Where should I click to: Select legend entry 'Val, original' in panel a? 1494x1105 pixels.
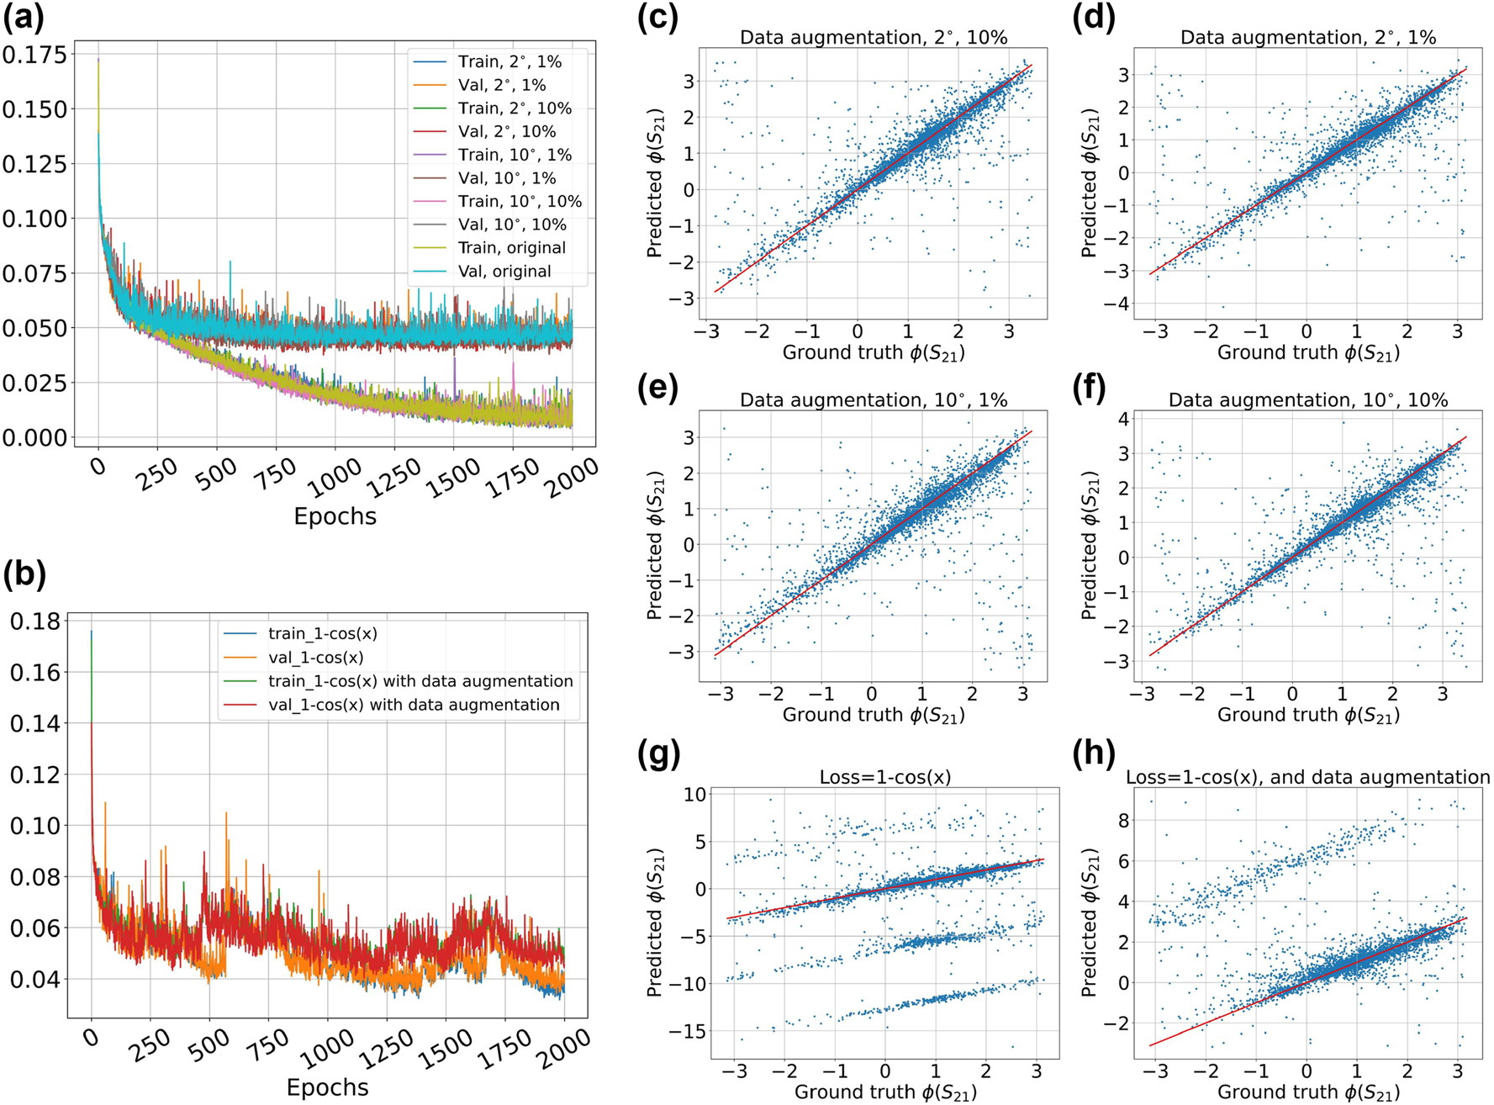click(x=504, y=272)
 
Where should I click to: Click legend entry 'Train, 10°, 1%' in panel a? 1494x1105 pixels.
click(x=515, y=155)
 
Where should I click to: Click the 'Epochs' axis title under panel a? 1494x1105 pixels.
click(x=335, y=516)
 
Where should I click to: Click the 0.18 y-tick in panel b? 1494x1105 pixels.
click(x=34, y=621)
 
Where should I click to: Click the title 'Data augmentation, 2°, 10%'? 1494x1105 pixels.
click(x=873, y=37)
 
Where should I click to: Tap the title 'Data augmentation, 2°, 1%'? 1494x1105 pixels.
click(x=1307, y=37)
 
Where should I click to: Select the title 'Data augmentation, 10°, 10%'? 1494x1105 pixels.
click(x=1307, y=400)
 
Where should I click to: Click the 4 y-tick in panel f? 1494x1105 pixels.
click(x=1121, y=419)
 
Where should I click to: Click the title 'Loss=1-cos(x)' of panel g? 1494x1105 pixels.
click(x=884, y=777)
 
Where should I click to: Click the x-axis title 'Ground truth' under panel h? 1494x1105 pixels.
click(x=1307, y=1092)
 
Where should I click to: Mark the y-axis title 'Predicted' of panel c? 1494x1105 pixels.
click(x=655, y=182)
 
